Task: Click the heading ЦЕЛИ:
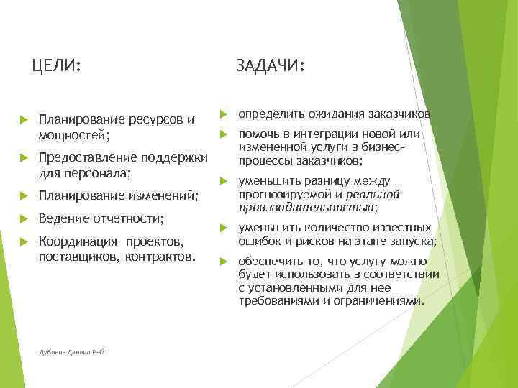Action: click(56, 67)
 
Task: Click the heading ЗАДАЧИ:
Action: click(271, 67)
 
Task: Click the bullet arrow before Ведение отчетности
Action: click(22, 218)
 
